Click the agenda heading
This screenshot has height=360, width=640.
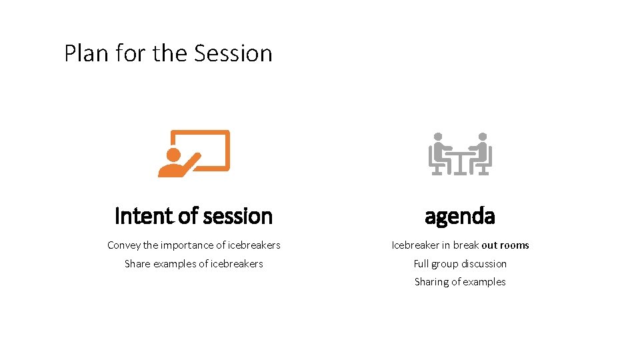[460, 216]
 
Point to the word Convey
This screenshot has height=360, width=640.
[123, 245]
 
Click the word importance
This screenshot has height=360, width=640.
[187, 245]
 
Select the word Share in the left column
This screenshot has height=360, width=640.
[137, 264]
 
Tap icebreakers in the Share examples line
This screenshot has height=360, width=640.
[237, 264]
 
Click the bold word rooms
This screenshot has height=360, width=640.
[515, 245]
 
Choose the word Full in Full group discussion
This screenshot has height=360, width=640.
[421, 264]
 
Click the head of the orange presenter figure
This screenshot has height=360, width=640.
[173, 154]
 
